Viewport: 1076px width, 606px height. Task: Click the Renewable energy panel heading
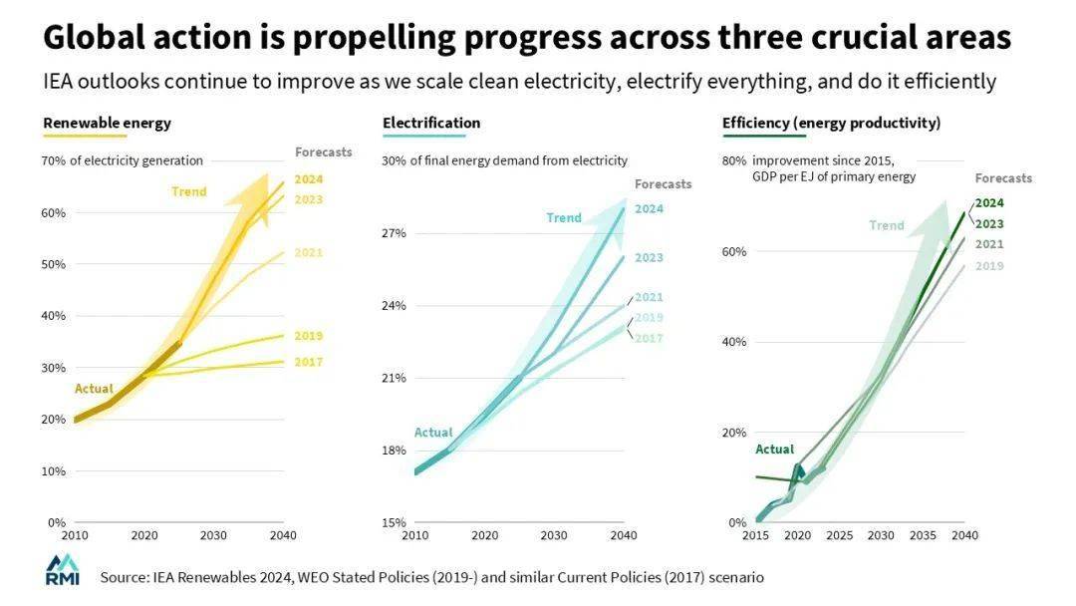tap(107, 124)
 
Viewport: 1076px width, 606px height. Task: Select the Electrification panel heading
tap(431, 124)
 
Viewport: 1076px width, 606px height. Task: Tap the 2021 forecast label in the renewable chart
tap(309, 253)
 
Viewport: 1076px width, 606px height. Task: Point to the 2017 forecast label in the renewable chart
tap(309, 363)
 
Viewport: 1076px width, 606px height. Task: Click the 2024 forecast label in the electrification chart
tap(649, 209)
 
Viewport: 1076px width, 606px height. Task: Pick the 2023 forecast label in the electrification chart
tap(649, 258)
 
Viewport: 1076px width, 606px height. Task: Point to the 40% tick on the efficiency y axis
tap(734, 342)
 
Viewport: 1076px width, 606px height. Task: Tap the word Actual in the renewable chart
tap(94, 389)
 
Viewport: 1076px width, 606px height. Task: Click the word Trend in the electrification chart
tap(564, 218)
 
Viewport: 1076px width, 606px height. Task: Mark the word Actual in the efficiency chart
tap(774, 450)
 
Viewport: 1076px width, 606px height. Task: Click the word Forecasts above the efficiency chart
tap(1003, 178)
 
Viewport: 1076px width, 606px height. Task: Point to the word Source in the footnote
tap(125, 577)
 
